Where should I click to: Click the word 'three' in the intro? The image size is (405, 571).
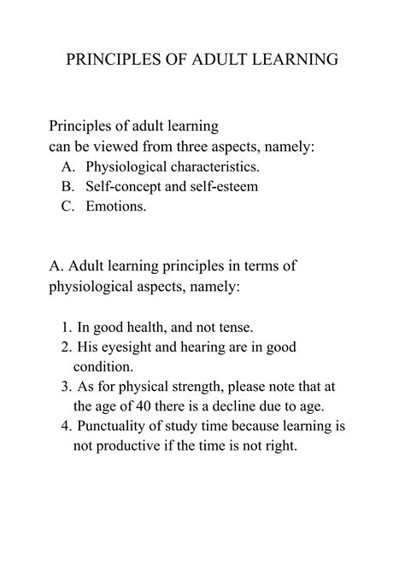(183, 147)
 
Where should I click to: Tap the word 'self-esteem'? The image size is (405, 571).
(222, 185)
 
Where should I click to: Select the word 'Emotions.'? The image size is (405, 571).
(116, 206)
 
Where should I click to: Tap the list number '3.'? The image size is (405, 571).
(67, 387)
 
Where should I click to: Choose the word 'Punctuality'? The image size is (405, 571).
(118, 426)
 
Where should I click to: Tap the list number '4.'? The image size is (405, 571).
(67, 426)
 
